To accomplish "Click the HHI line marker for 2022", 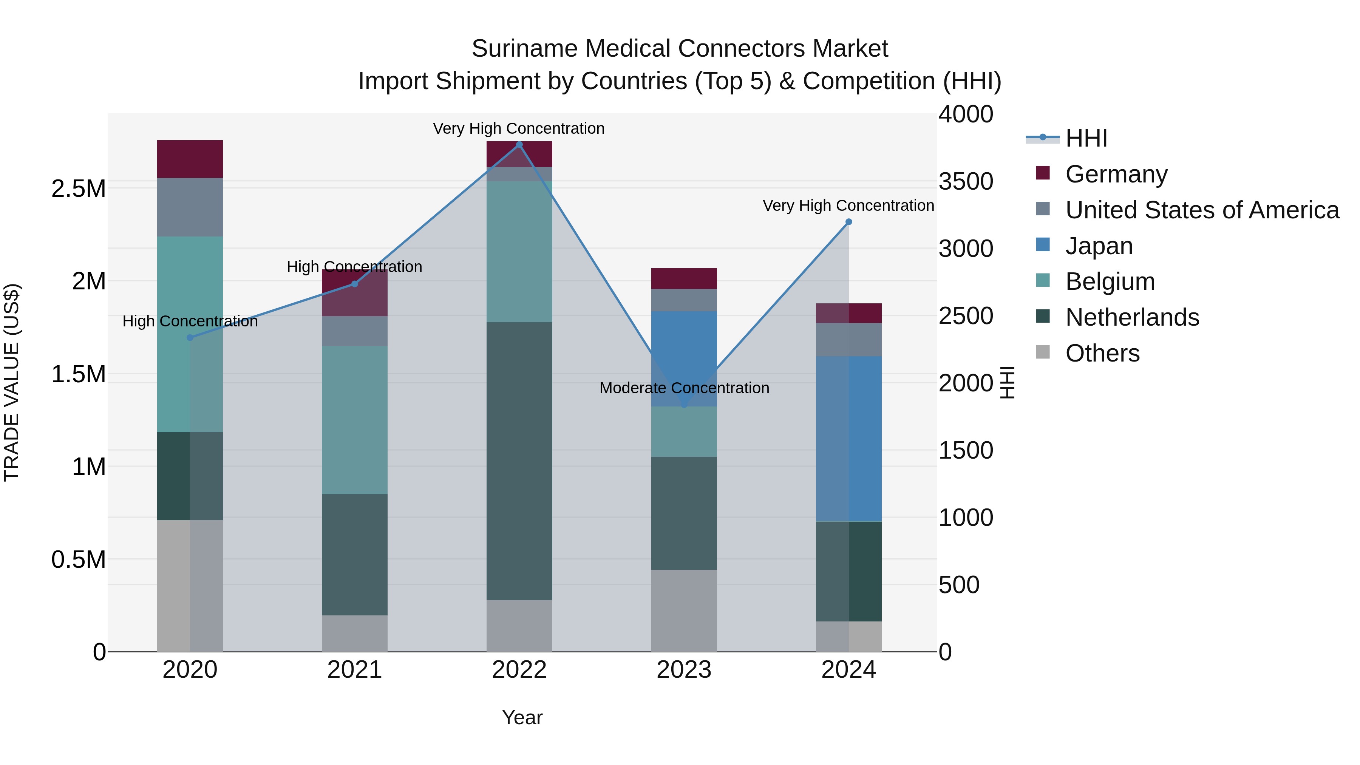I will [519, 145].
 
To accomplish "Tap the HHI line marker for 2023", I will [684, 404].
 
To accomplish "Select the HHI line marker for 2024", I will [848, 222].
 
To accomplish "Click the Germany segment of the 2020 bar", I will [190, 159].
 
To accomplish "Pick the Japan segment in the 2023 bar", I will [684, 359].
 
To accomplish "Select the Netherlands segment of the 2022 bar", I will [519, 461].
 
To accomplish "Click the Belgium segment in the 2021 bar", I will [354, 420].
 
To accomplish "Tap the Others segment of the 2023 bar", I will [684, 610].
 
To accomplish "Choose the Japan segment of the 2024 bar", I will [848, 438].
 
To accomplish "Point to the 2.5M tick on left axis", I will [79, 189].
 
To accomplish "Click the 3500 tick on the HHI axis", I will [966, 181].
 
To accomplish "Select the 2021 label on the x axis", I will [354, 670].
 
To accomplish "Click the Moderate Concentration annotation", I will [684, 388].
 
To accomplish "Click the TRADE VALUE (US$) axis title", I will [12, 382].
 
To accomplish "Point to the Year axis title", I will [522, 717].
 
